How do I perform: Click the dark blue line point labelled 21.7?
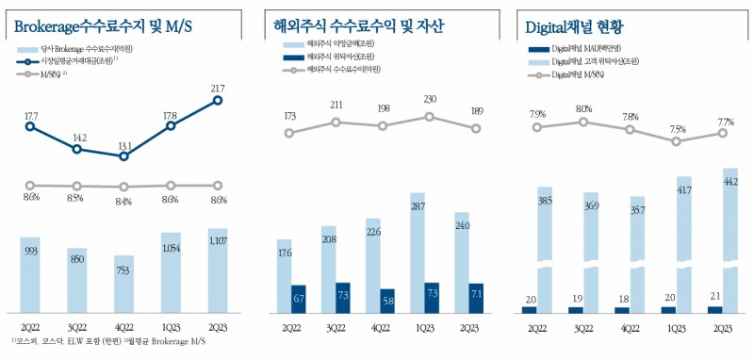coord(218,100)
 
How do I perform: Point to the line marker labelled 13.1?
coord(124,156)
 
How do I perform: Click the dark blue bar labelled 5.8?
coord(386,301)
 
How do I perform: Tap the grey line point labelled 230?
coord(430,117)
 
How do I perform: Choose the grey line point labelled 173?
coord(289,133)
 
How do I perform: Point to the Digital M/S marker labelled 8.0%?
coord(583,122)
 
